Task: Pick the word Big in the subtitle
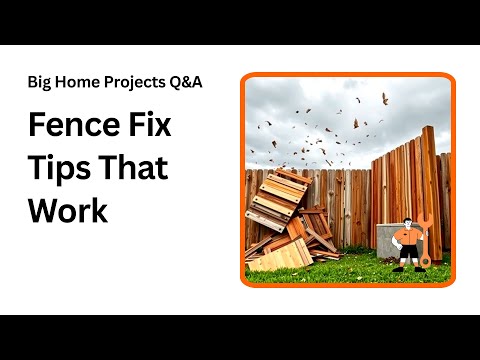point(39,82)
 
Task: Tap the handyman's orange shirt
point(405,240)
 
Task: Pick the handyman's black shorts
point(405,252)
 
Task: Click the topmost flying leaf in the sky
point(385,98)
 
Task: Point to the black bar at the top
point(240,22)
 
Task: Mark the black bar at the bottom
point(240,337)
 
